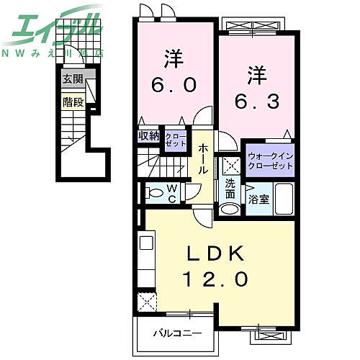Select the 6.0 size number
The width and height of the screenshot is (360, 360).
click(173, 84)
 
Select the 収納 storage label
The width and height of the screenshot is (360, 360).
click(149, 135)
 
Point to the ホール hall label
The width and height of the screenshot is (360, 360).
click(204, 158)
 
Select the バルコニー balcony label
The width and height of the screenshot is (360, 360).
click(176, 333)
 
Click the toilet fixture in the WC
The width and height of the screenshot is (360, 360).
click(154, 192)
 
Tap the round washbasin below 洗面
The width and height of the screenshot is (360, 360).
click(229, 209)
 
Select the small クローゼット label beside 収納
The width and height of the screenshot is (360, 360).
click(174, 139)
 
